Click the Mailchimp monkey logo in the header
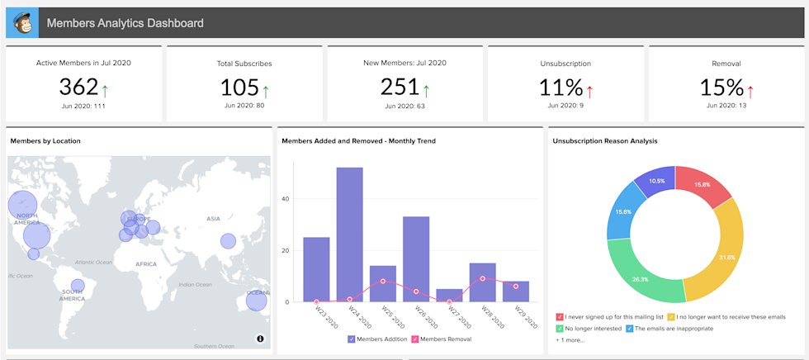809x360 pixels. [22, 23]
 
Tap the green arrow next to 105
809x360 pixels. [266, 90]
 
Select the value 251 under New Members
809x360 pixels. [400, 86]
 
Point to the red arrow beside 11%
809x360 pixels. [590, 90]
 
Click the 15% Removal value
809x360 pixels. [721, 87]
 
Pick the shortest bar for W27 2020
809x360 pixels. [449, 296]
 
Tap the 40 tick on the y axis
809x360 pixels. [286, 199]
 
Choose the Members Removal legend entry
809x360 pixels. [442, 339]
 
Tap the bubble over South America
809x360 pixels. [78, 286]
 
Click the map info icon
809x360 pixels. [260, 339]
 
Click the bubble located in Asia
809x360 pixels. [228, 241]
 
